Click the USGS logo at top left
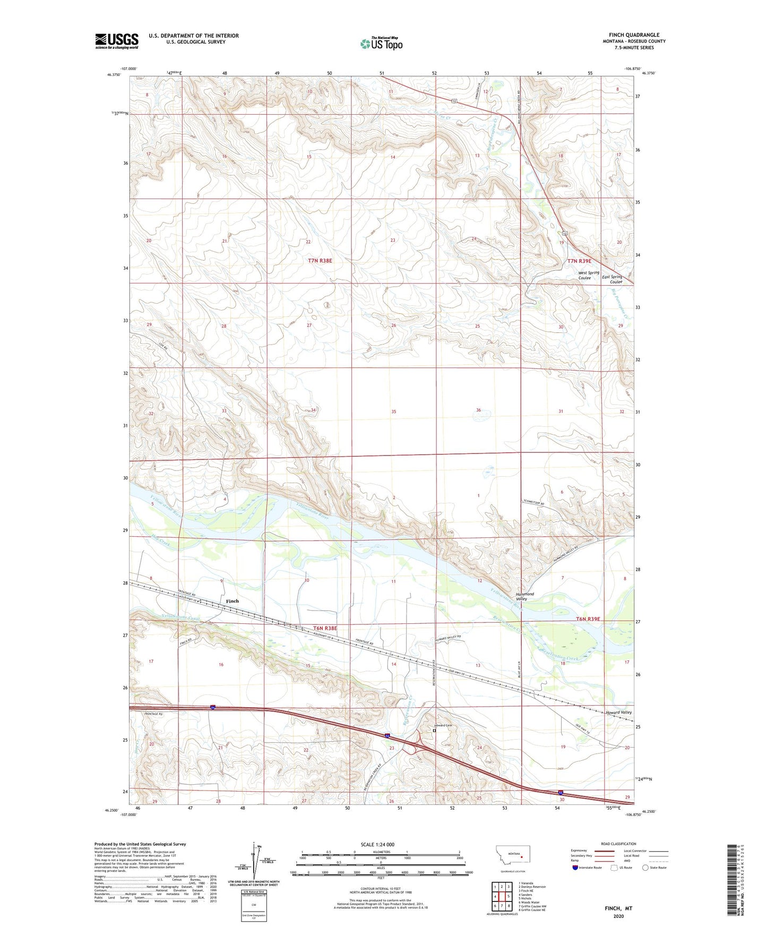click(116, 41)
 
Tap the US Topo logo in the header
click(381, 44)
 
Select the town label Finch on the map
click(232, 601)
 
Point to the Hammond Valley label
click(525, 596)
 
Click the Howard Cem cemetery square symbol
click(434, 731)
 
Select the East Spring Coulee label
click(612, 279)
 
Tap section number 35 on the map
click(393, 411)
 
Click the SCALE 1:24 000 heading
click(377, 844)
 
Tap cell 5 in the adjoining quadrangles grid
click(509, 896)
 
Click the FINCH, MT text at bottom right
click(618, 908)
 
